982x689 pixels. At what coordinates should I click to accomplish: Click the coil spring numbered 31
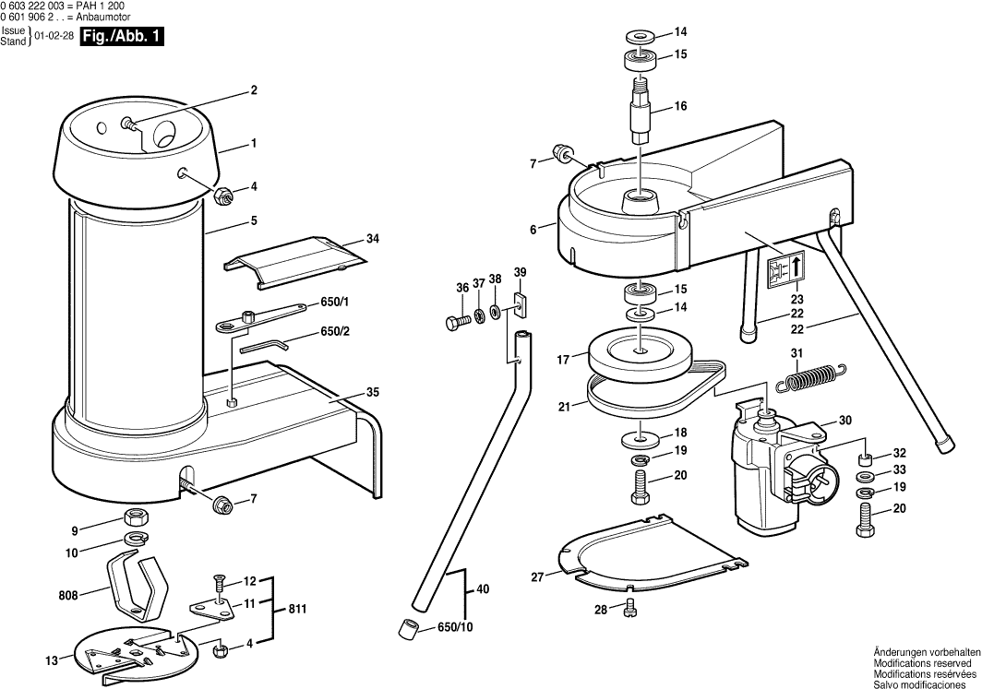point(810,376)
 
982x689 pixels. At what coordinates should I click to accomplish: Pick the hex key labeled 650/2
point(264,345)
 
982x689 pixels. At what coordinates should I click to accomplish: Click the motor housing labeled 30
point(766,470)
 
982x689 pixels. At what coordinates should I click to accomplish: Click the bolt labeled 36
point(453,323)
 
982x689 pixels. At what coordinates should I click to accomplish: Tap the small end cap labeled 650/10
point(407,629)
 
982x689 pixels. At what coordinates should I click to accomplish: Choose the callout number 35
point(372,392)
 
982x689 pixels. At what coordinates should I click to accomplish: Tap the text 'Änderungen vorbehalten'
point(922,652)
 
